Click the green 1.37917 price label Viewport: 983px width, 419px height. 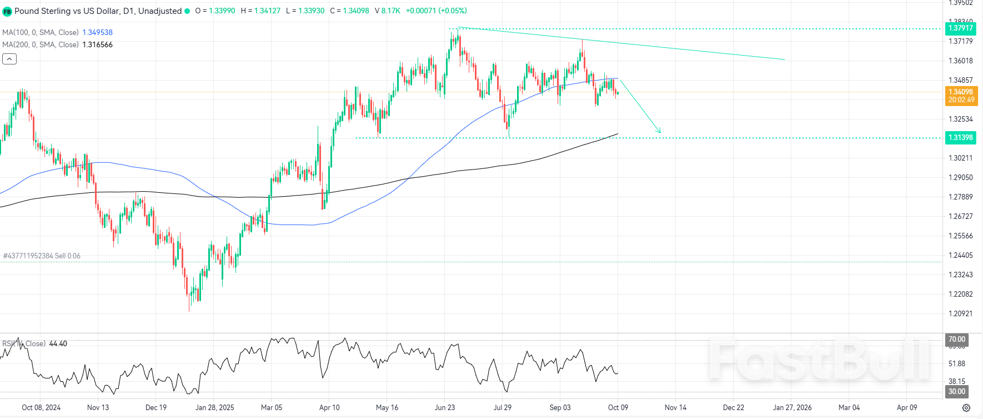(960, 28)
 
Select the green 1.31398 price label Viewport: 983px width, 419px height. (960, 137)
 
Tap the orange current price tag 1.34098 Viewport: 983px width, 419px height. (961, 96)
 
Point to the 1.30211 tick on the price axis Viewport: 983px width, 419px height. (960, 158)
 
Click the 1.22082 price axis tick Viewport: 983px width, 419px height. (960, 294)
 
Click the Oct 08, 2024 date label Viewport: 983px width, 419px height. (41, 407)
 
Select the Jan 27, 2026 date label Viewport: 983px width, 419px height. (792, 407)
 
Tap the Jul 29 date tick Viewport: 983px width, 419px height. (503, 407)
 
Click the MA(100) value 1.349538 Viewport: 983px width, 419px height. (98, 32)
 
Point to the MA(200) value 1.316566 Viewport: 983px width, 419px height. (98, 44)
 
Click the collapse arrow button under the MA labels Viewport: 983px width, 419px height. (9, 59)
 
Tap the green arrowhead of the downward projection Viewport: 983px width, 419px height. (659, 132)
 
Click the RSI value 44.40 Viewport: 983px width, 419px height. (58, 343)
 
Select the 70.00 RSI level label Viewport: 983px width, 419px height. (956, 339)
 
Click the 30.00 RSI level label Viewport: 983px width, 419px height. (956, 391)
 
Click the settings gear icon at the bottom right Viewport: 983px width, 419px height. (966, 408)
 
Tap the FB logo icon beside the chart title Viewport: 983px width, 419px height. (7, 11)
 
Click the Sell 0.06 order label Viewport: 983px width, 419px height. (67, 256)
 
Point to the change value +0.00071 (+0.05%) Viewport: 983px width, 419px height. (436, 11)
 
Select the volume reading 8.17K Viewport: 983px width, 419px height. (390, 11)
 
